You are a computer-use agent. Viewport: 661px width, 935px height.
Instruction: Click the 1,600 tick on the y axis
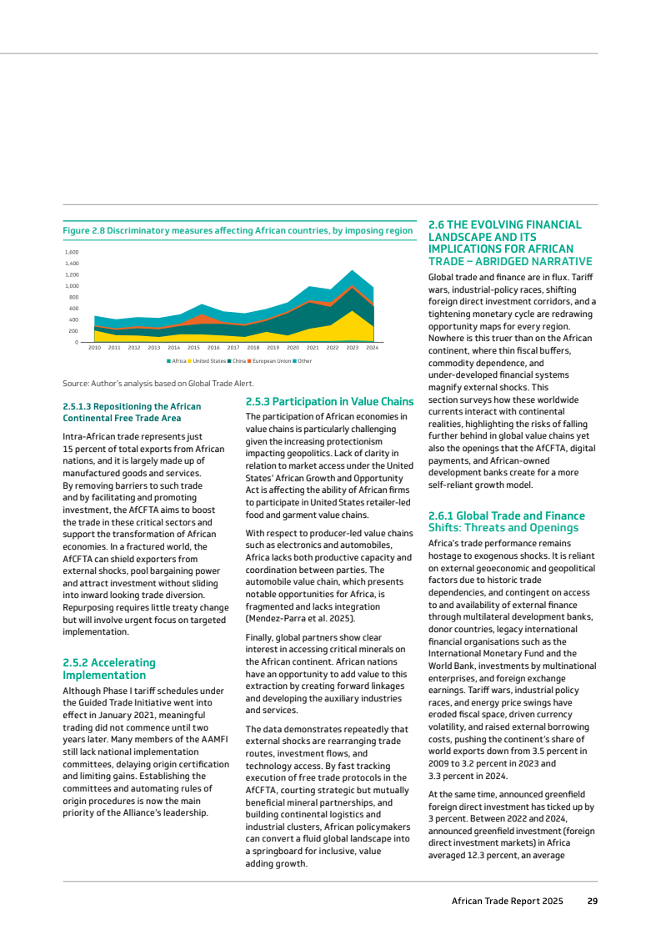(72, 252)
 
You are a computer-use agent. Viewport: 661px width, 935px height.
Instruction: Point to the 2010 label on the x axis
(94, 347)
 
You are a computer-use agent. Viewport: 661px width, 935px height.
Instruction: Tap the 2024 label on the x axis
(373, 347)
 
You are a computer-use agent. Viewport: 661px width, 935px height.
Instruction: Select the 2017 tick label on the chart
(233, 347)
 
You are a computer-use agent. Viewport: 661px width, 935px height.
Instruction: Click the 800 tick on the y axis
(73, 297)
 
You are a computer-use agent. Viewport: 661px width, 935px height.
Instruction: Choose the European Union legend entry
(271, 360)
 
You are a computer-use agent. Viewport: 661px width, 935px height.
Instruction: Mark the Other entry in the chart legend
(304, 360)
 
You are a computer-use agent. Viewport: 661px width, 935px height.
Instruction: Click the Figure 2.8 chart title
(238, 230)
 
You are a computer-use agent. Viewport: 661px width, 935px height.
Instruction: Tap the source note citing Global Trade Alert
(146, 383)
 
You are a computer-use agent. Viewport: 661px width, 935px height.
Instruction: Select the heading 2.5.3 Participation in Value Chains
(329, 401)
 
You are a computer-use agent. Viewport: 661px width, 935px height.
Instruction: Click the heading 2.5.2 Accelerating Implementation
(108, 669)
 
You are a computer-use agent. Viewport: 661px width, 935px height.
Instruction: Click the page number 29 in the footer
(592, 901)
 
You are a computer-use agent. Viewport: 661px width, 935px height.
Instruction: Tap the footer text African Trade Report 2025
(507, 901)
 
